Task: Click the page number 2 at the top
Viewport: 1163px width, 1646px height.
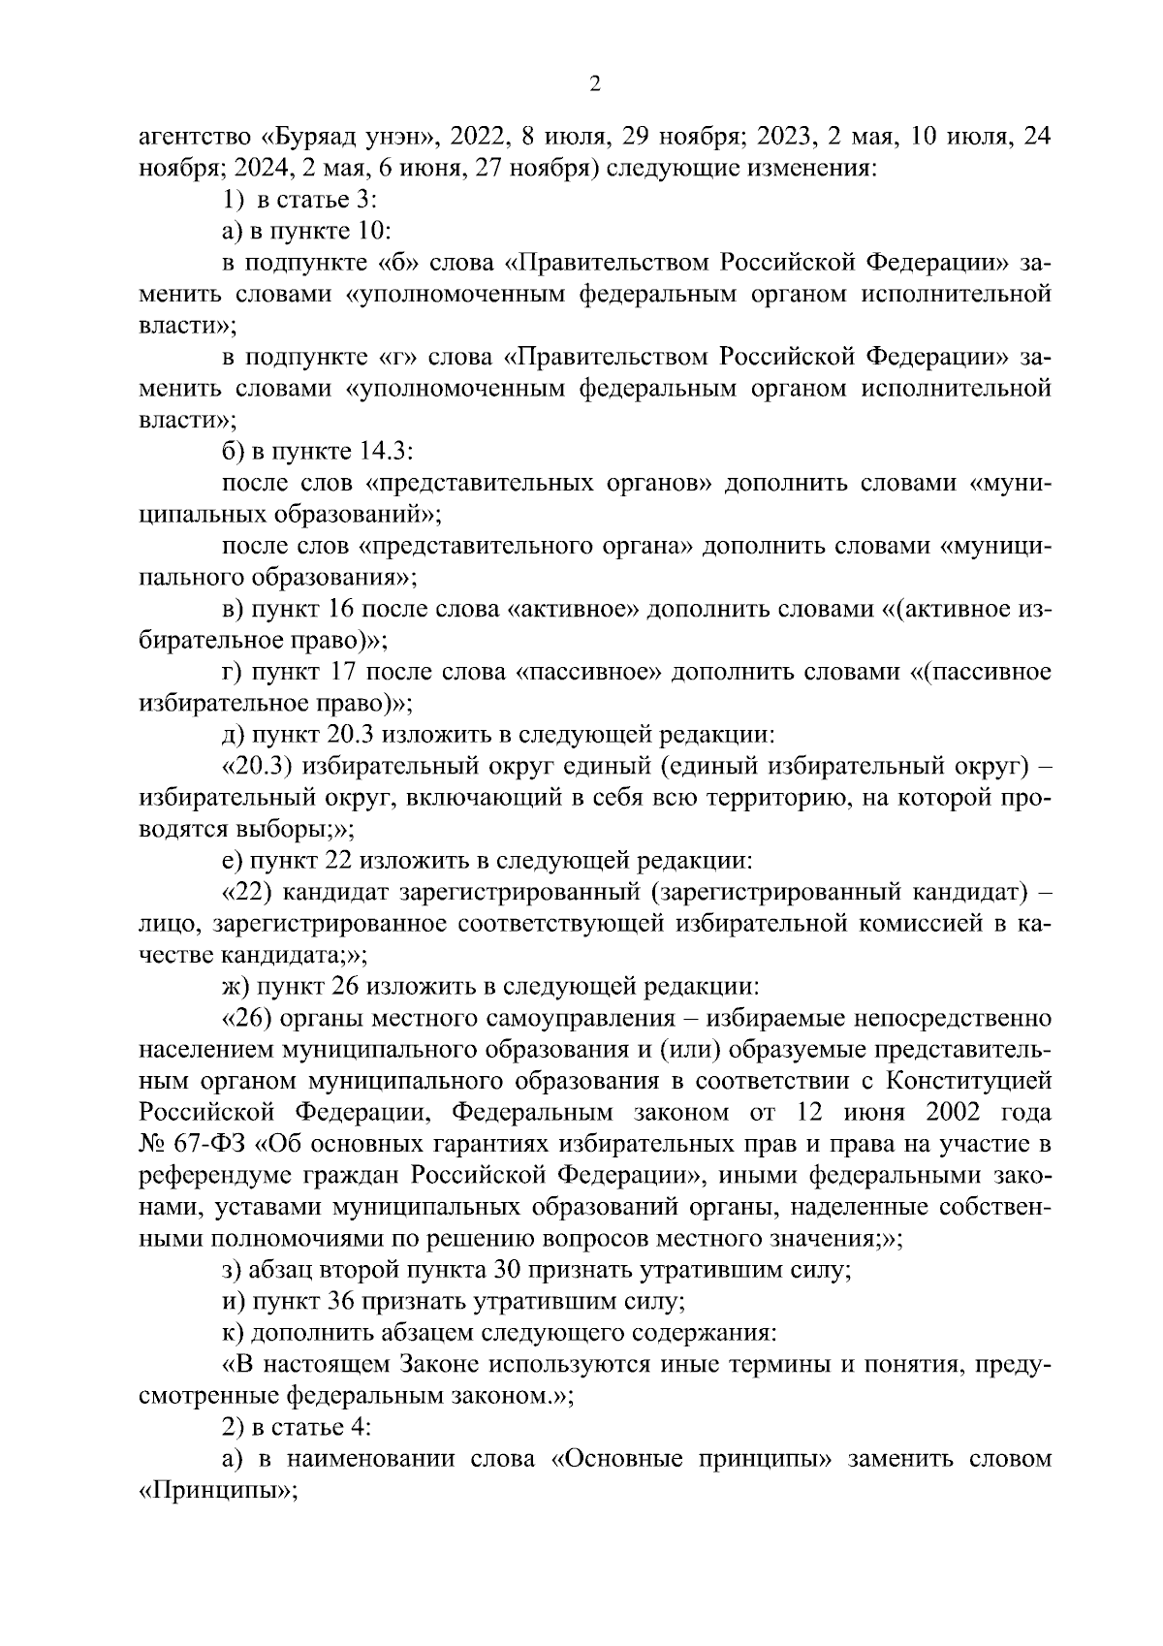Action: [595, 85]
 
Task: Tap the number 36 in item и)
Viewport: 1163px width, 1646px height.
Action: [343, 1301]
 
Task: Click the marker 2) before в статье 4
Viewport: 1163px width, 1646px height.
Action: [234, 1427]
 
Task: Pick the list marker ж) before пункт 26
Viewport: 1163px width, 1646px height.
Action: [235, 986]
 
